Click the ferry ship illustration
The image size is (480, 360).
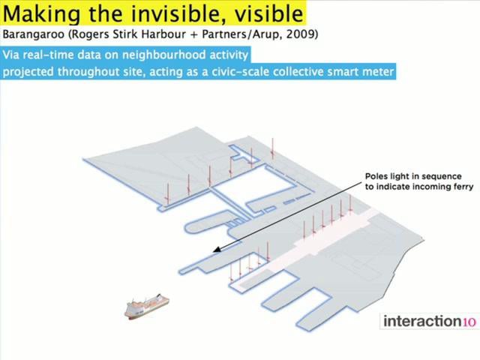pyautogui.click(x=147, y=307)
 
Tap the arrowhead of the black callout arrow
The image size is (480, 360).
pyautogui.click(x=217, y=250)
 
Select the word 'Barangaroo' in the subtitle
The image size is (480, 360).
pyautogui.click(x=33, y=34)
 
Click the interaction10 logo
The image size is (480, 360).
pyautogui.click(x=430, y=322)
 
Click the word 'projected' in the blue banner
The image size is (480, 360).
pyautogui.click(x=28, y=73)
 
